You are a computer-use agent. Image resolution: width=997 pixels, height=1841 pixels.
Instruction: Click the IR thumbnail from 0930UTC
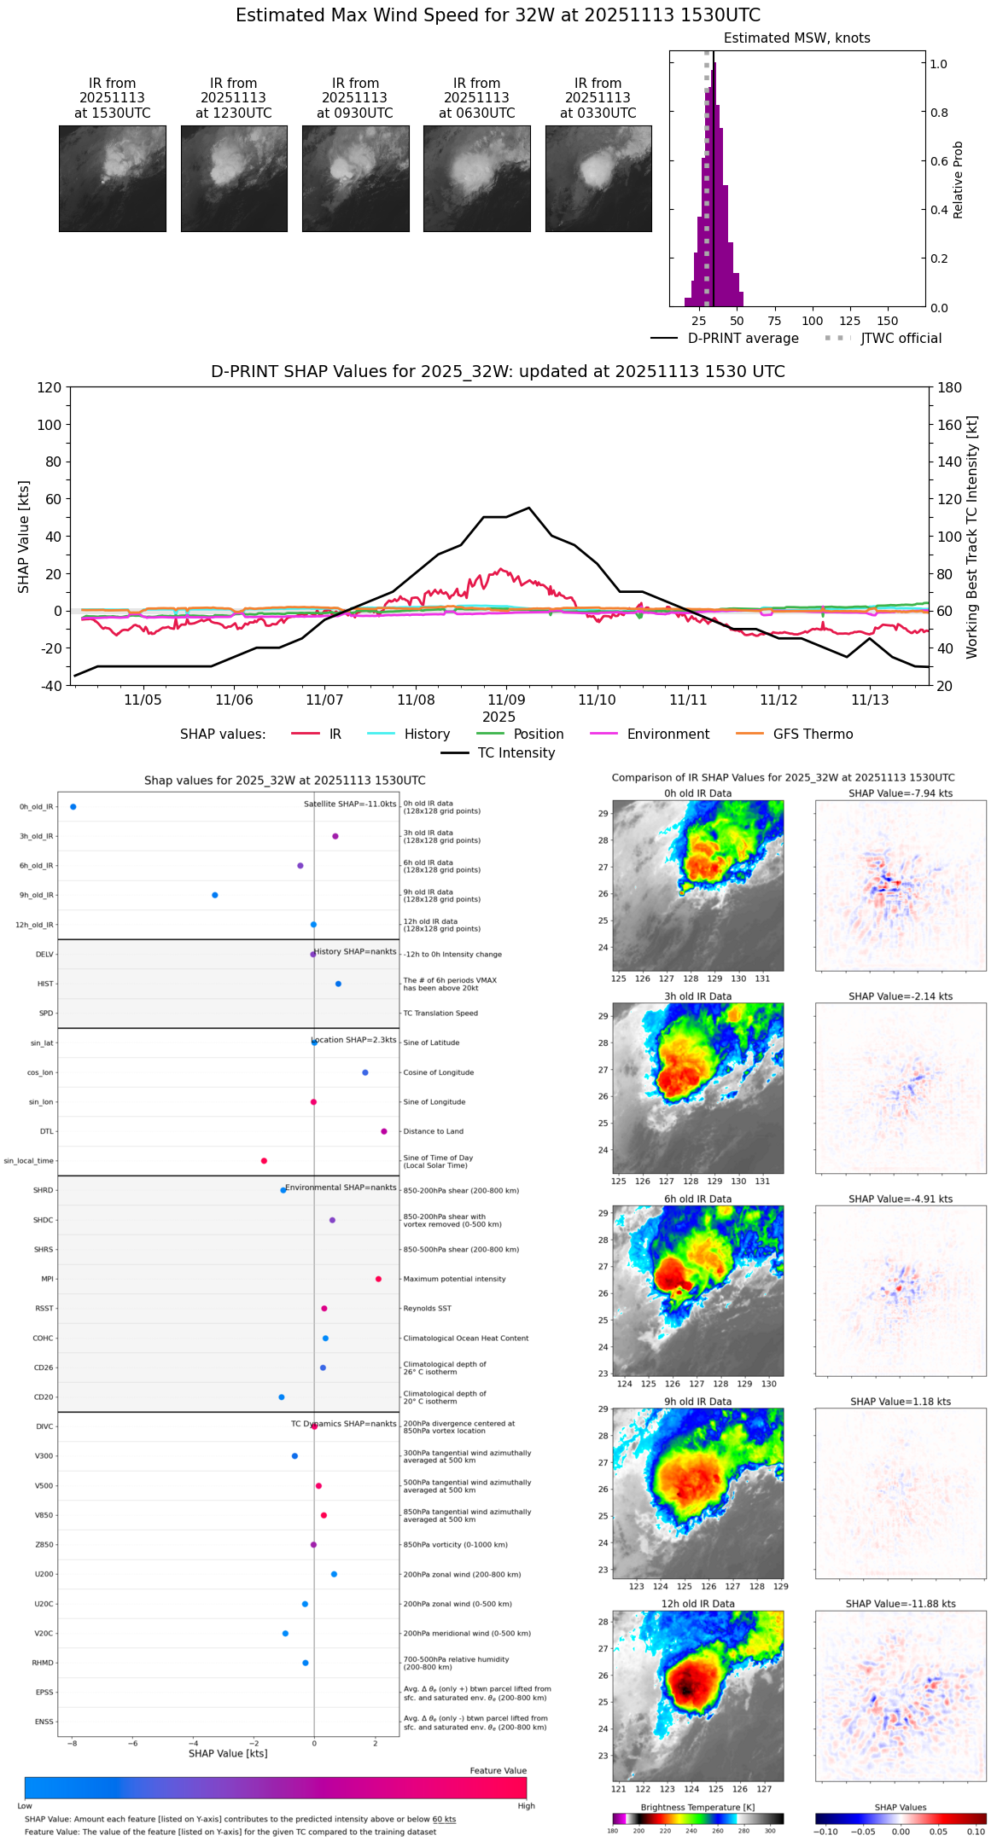point(355,178)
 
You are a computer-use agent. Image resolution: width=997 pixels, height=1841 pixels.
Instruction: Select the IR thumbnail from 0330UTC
point(598,178)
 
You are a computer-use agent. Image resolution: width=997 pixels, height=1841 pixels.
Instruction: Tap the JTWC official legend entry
point(901,339)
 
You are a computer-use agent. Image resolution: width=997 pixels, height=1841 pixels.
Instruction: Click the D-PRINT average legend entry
point(743,339)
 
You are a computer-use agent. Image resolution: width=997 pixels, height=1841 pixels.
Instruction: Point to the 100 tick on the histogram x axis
point(812,321)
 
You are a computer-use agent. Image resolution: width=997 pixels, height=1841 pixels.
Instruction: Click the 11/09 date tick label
point(506,700)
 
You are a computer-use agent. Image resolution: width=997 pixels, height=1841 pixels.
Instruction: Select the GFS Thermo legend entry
point(813,735)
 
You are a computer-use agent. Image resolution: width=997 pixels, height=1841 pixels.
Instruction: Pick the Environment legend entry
point(668,735)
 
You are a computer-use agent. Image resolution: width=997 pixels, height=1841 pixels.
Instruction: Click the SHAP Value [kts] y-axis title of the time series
point(24,537)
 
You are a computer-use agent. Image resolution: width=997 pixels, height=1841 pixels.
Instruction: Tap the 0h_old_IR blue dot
point(73,807)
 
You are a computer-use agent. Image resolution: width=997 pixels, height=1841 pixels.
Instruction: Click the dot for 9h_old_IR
point(215,895)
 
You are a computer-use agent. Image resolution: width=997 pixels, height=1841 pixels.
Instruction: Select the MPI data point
point(378,1279)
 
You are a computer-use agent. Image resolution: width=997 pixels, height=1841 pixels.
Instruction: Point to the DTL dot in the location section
point(384,1131)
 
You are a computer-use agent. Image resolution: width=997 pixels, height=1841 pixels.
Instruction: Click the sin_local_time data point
point(264,1161)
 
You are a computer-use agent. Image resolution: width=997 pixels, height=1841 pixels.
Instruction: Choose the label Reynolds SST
point(427,1309)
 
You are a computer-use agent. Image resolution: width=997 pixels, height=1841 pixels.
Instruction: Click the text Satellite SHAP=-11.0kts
point(350,804)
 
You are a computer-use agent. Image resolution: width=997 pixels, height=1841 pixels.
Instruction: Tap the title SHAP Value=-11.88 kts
point(901,1604)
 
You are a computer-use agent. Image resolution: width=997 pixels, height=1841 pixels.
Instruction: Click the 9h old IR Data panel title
point(697,1402)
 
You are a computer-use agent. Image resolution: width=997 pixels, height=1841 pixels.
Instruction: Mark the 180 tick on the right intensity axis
point(950,388)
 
